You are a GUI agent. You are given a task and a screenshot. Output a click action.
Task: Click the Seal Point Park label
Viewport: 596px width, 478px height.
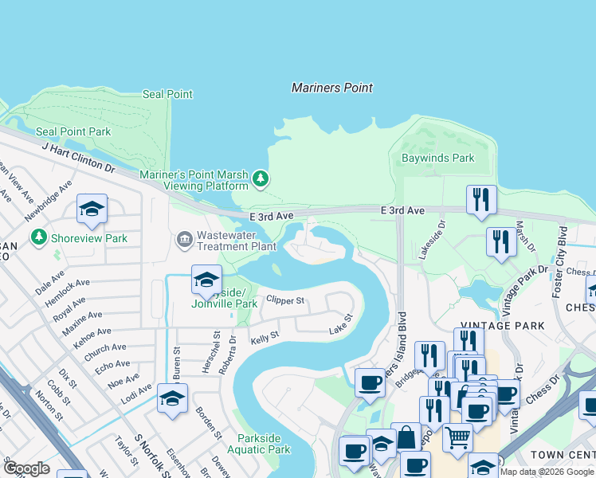(x=73, y=131)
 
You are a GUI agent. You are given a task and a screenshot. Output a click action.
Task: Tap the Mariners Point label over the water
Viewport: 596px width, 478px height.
(x=332, y=88)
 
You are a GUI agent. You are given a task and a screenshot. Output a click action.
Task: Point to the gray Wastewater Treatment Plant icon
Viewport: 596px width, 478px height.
(x=185, y=238)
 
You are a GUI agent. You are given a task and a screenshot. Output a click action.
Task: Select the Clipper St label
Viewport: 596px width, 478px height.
(x=285, y=300)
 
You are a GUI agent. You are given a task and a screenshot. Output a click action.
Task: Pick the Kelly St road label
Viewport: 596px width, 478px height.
(x=264, y=337)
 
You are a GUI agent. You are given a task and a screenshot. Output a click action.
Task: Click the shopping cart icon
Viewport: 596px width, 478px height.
(x=457, y=437)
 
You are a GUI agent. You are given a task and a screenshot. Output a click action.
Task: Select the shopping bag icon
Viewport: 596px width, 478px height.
(x=406, y=437)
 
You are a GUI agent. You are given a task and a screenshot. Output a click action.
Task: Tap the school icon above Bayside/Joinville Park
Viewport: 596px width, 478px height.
(x=206, y=279)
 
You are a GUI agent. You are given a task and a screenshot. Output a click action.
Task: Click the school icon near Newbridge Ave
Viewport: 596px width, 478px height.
(x=92, y=209)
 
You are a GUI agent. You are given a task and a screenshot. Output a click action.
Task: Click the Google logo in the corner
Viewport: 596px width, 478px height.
(x=26, y=468)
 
